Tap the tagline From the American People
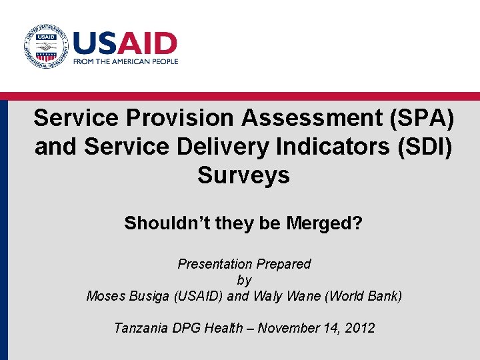[x=125, y=61]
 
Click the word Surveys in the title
[x=243, y=175]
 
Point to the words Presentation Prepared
[x=244, y=264]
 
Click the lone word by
[x=243, y=280]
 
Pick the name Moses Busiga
[x=127, y=296]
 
